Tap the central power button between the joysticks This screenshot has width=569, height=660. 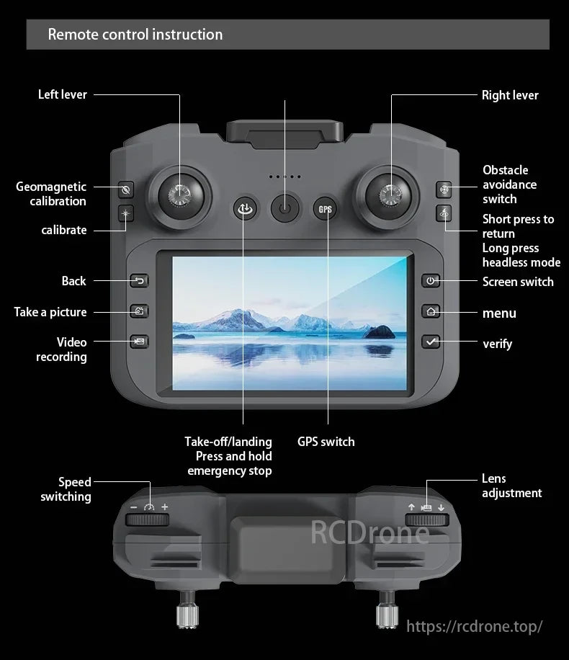pos(285,208)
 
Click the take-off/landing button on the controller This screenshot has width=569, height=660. pos(245,209)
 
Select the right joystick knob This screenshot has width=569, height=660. pos(390,195)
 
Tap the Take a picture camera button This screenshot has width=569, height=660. pos(139,311)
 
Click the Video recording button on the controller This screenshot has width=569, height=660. pos(139,342)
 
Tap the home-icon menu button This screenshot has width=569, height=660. pos(431,311)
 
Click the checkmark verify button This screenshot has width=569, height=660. pos(431,342)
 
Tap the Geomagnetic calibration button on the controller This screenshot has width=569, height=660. pos(125,189)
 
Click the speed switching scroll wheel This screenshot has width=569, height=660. pos(147,519)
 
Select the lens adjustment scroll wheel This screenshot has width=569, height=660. pos(426,519)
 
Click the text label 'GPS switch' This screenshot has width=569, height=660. pos(326,442)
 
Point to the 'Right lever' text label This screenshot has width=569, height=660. pos(510,95)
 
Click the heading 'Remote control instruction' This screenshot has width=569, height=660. pos(135,34)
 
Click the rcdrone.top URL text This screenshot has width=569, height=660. pos(475,626)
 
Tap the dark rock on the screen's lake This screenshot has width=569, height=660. pos(379,333)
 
